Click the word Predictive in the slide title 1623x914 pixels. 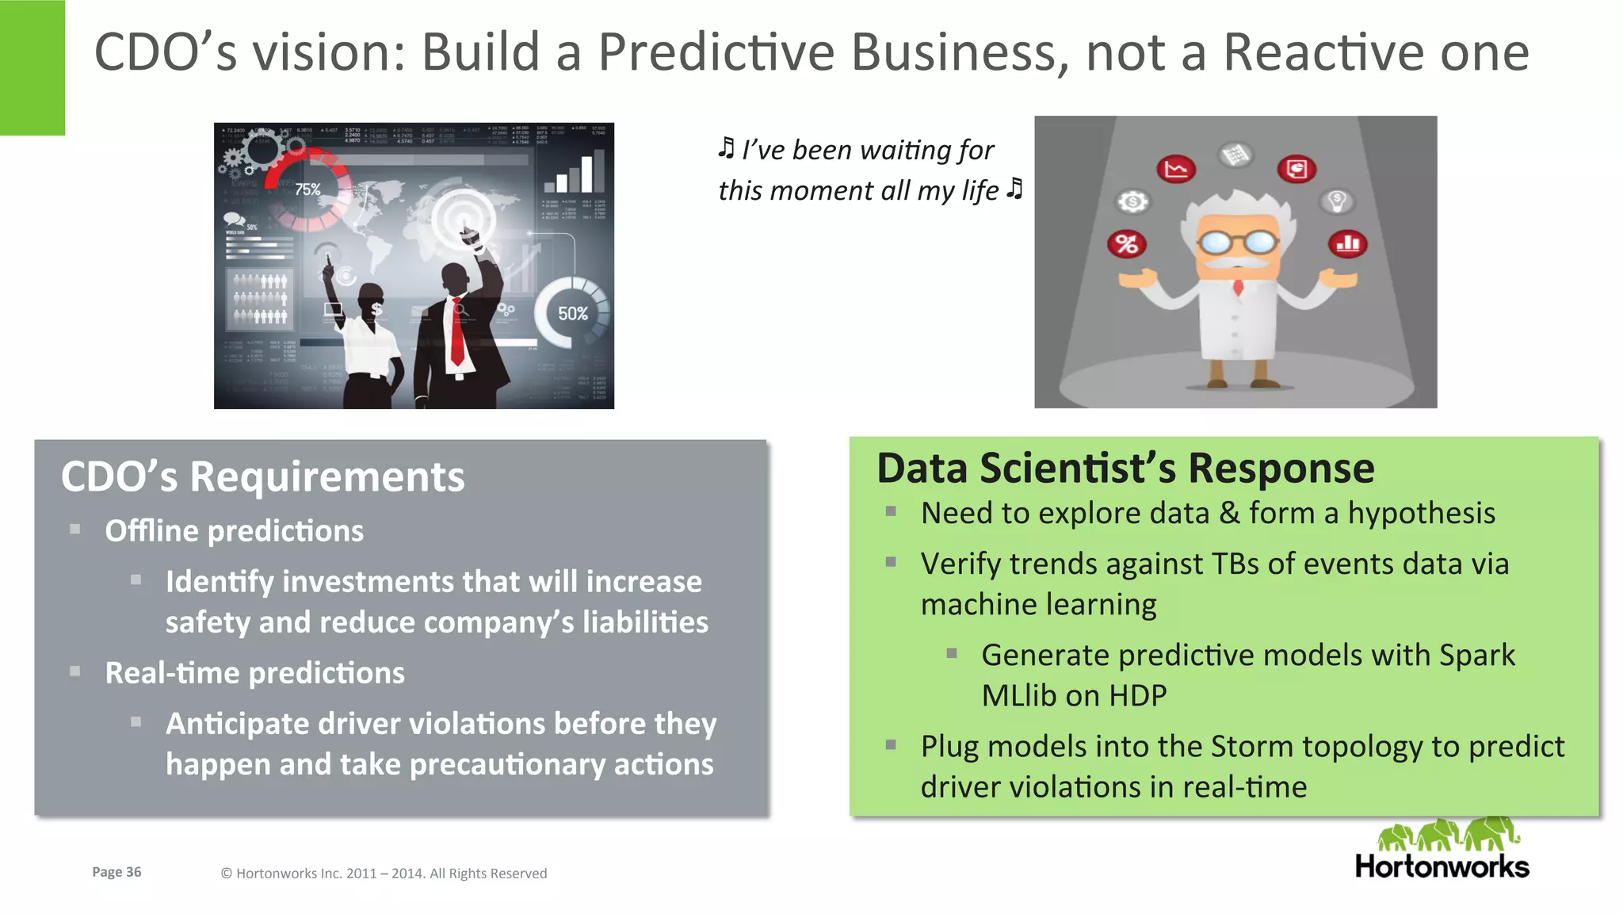pyautogui.click(x=716, y=52)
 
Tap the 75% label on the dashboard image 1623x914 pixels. pyautogui.click(x=307, y=189)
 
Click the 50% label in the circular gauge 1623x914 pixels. pyautogui.click(x=572, y=314)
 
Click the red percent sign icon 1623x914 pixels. pyautogui.click(x=1127, y=244)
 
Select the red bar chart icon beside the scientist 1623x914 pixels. pyautogui.click(x=1347, y=243)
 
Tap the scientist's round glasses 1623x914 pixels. pyautogui.click(x=1237, y=241)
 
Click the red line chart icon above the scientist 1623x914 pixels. pyautogui.click(x=1176, y=169)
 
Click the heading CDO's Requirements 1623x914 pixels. pyautogui.click(x=262, y=476)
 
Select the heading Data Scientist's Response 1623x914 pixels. pyautogui.click(x=1125, y=468)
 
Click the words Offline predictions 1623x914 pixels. pyautogui.click(x=234, y=530)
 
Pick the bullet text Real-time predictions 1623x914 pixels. pyautogui.click(x=254, y=672)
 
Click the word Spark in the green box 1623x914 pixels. pyautogui.click(x=1477, y=656)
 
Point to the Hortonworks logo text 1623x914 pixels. pyautogui.click(x=1442, y=866)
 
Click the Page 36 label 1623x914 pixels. pyautogui.click(x=116, y=872)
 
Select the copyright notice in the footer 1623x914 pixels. pyautogui.click(x=384, y=874)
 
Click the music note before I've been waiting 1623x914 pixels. pyautogui.click(x=726, y=148)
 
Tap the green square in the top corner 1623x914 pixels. pyautogui.click(x=32, y=67)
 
